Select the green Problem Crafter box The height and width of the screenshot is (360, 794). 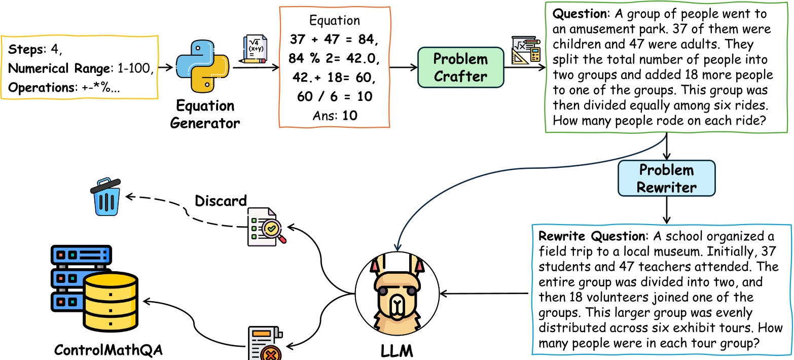460,67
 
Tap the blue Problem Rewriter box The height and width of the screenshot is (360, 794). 666,178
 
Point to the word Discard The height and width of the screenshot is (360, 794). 221,201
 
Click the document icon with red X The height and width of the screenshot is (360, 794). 265,344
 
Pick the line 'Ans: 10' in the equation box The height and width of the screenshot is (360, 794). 334,115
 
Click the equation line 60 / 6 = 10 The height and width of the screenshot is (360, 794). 334,96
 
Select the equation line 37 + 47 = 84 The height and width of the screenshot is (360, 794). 334,40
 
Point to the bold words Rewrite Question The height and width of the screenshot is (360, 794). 592,236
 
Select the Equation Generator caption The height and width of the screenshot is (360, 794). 205,114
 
